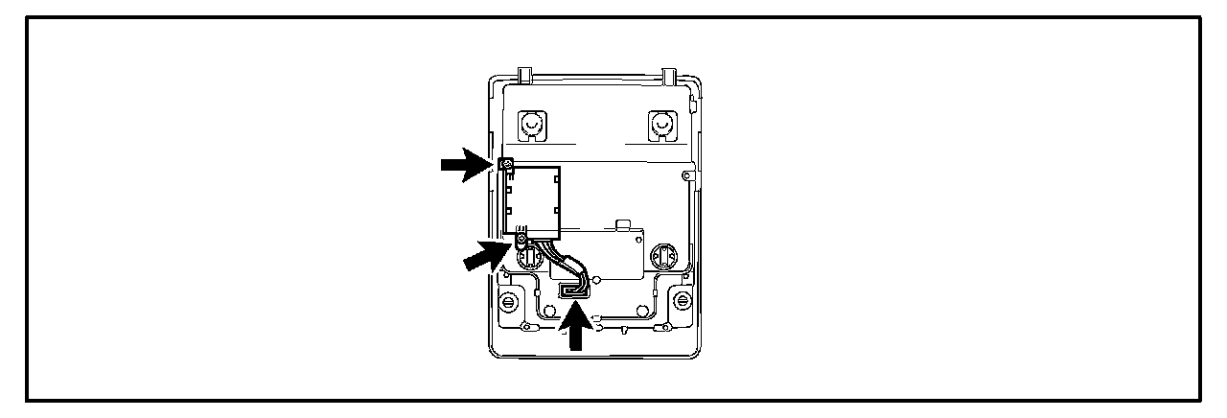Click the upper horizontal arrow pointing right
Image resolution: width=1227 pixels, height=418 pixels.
[x=463, y=165]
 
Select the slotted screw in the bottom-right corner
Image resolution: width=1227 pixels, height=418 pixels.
[x=681, y=302]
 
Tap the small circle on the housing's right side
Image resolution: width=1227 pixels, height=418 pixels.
[x=683, y=176]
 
